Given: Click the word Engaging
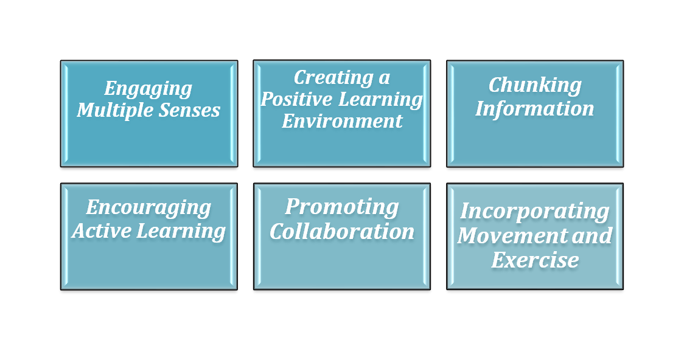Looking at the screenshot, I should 148,89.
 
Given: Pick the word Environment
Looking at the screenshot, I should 342,121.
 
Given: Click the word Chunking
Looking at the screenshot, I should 535,86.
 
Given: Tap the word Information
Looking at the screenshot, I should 535,109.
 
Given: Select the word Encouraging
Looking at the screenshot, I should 148,208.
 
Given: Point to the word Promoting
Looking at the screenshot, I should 342,207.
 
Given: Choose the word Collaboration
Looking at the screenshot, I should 342,232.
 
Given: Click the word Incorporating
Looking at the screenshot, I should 535,212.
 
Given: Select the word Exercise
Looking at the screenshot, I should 535,260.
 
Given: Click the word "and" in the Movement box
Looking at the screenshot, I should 592,235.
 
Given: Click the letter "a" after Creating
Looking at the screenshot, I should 385,78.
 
